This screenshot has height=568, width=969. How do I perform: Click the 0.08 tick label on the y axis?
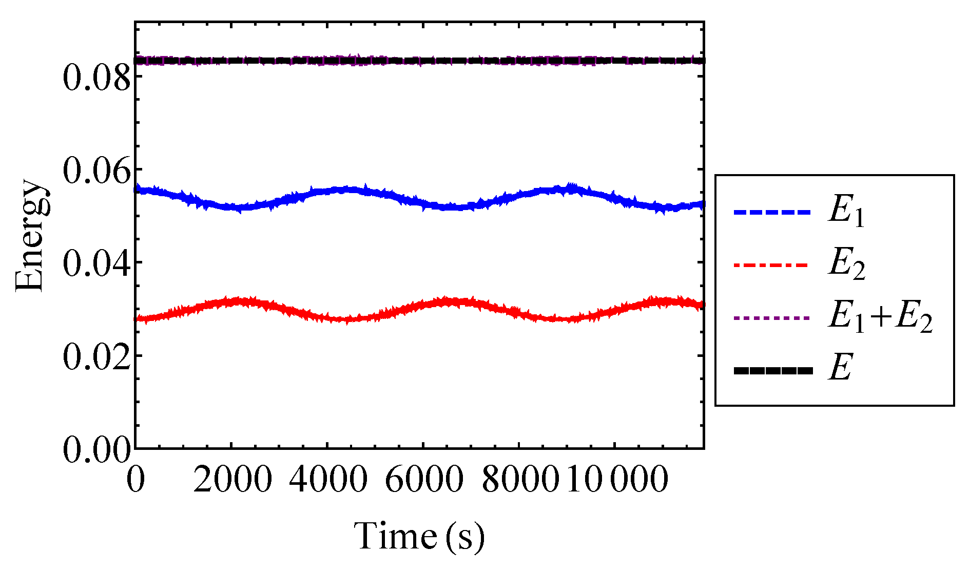point(96,78)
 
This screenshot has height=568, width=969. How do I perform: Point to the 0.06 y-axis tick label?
point(96,171)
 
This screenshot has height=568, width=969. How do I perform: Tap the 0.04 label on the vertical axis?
point(96,263)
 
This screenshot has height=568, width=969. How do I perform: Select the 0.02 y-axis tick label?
point(96,356)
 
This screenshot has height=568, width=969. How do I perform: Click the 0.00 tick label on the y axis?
point(96,450)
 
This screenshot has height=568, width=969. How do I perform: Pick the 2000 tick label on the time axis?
point(232,480)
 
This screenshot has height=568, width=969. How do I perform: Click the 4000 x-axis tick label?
point(328,480)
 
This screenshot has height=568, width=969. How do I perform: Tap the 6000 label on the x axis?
point(424,480)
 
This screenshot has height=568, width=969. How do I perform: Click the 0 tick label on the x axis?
point(135,480)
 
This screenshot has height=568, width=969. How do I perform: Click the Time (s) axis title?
point(419,536)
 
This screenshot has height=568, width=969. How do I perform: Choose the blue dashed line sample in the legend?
point(772,212)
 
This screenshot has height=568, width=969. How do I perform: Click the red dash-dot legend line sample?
point(772,265)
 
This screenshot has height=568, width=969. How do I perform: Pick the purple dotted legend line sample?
point(772,318)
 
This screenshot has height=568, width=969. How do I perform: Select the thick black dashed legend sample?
point(773,371)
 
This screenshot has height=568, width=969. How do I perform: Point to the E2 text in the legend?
point(846,266)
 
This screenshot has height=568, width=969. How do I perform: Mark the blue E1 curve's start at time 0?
point(136,190)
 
